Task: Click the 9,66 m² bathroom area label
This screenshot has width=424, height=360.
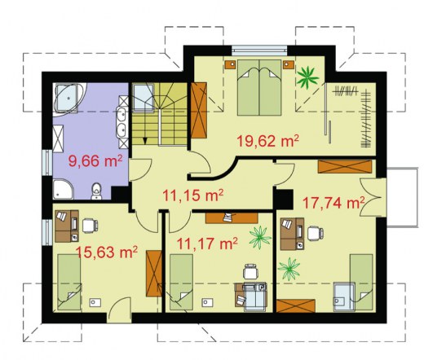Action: [x=95, y=161]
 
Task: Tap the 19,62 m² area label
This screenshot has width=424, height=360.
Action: [x=268, y=141]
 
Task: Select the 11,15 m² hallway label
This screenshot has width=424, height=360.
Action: [x=192, y=195]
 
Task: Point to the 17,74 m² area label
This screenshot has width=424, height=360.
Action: [x=333, y=203]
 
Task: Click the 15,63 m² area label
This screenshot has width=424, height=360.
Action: [x=107, y=252]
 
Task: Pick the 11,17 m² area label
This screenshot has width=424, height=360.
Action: [x=207, y=244]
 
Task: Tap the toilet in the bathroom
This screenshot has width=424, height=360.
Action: [x=96, y=191]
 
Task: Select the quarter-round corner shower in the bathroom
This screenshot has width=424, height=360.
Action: [x=63, y=189]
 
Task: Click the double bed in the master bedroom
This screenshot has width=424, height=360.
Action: [x=259, y=87]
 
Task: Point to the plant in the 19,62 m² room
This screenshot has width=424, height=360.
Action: [x=307, y=77]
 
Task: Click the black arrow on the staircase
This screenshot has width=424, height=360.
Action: [x=145, y=140]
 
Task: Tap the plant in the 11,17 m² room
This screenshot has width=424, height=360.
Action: [x=260, y=237]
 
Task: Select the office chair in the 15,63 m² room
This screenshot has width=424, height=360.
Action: [x=90, y=226]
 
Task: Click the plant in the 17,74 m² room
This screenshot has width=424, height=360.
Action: [x=289, y=269]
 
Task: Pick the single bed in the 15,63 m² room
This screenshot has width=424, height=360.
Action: [x=69, y=282]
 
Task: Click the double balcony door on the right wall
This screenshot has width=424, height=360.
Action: [x=373, y=197]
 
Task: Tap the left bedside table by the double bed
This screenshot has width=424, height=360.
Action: [x=231, y=65]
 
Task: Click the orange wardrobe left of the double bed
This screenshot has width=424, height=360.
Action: [x=199, y=110]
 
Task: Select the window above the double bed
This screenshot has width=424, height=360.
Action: [x=259, y=50]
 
